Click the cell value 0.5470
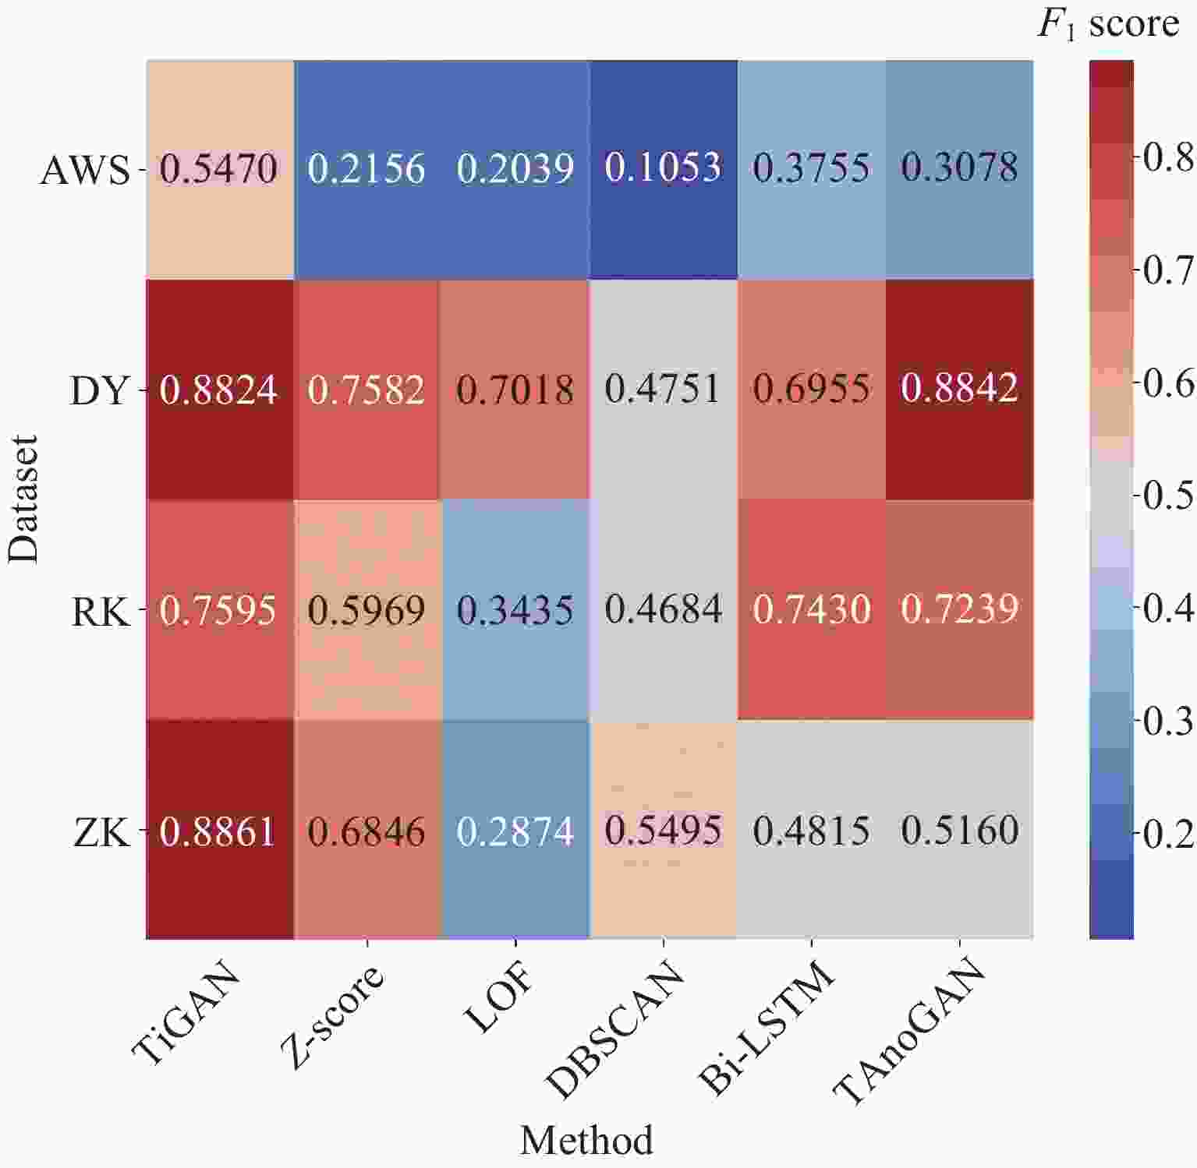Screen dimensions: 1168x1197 [219, 168]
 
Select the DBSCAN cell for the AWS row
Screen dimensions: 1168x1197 [664, 168]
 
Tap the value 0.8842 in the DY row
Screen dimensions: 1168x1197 [960, 389]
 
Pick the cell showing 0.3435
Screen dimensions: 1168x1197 [515, 610]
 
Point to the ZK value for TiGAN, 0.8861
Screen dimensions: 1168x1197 [219, 831]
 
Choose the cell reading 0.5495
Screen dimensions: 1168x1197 [664, 831]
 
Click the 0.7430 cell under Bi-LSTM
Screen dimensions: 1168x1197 [812, 610]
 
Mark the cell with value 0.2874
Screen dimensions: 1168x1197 [515, 831]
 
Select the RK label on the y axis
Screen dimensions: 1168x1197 [100, 612]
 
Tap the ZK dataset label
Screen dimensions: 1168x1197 [101, 833]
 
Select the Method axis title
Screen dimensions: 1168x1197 [586, 1141]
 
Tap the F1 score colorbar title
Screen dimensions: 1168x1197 [1108, 25]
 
